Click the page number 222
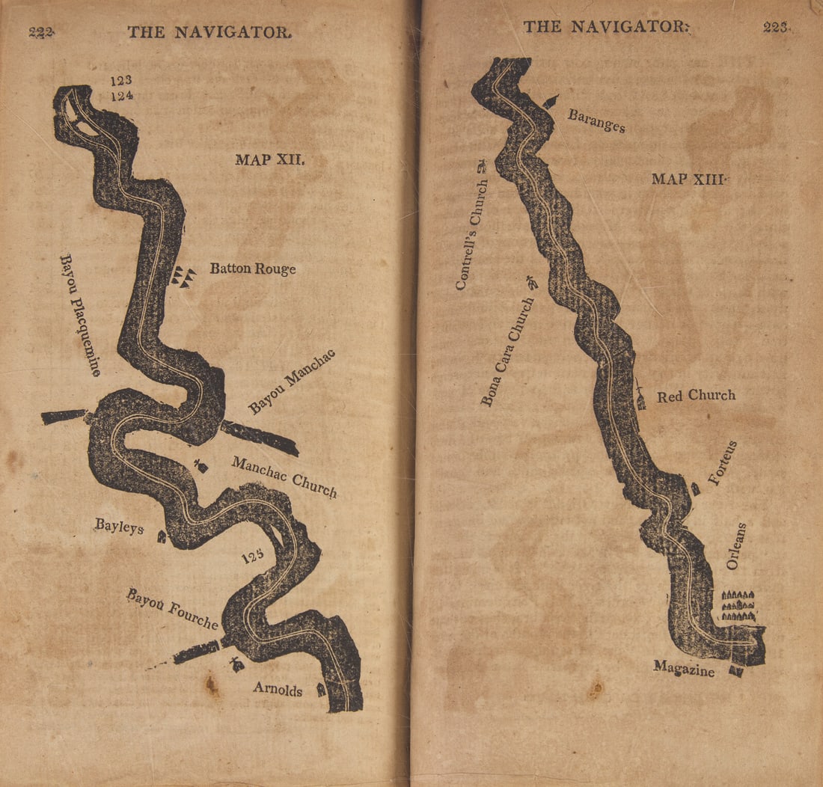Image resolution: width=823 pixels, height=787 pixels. click(42, 31)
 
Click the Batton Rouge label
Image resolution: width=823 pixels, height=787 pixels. click(252, 269)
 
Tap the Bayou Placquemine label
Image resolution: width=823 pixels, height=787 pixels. click(80, 314)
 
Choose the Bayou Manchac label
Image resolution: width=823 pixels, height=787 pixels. click(292, 382)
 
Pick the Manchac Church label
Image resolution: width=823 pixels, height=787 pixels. click(284, 477)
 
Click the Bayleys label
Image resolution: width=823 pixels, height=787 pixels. click(119, 526)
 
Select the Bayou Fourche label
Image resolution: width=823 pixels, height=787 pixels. click(172, 609)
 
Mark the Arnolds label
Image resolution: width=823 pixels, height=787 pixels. click(278, 689)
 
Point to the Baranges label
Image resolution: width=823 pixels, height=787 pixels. click(596, 120)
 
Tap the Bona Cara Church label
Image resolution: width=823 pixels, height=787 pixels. click(508, 352)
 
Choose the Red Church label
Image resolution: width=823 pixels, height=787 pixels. click(696, 396)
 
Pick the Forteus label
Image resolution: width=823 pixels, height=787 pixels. click(723, 464)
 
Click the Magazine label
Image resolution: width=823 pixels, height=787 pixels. click(684, 669)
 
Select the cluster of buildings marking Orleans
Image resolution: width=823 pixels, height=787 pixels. click(738, 605)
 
